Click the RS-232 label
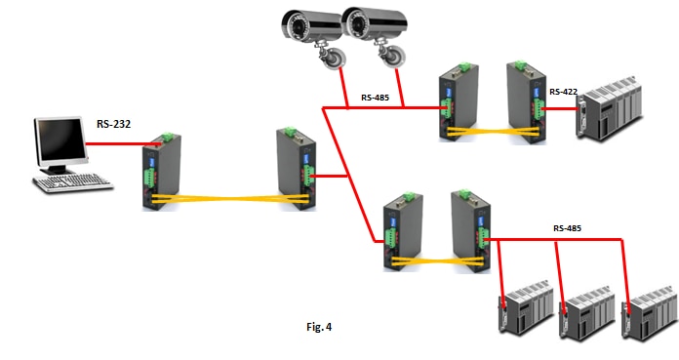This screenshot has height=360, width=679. pyautogui.click(x=114, y=123)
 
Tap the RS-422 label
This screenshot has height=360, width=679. pyautogui.click(x=564, y=92)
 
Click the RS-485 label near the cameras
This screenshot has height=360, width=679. pyautogui.click(x=378, y=98)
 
